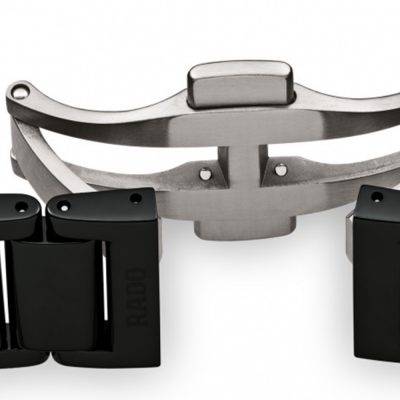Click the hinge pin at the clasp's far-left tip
click(x=21, y=91)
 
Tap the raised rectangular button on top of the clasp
click(x=241, y=85)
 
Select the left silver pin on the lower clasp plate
click(x=205, y=174)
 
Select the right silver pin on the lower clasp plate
click(x=281, y=169)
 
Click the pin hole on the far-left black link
click(x=21, y=207)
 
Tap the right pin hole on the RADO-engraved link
click(x=136, y=198)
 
